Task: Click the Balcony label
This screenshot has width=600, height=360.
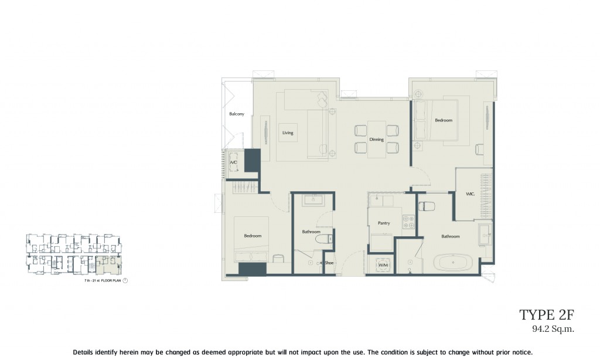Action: click(x=236, y=114)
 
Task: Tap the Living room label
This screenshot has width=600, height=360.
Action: click(x=287, y=133)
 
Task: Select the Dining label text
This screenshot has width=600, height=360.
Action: click(x=376, y=140)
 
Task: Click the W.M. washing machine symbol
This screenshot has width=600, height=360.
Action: click(x=383, y=265)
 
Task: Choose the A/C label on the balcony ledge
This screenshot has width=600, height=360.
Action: click(x=233, y=162)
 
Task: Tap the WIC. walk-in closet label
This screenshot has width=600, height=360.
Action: click(x=470, y=194)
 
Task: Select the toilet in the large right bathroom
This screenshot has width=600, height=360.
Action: click(x=427, y=206)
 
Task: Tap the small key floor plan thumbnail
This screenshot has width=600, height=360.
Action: click(x=74, y=254)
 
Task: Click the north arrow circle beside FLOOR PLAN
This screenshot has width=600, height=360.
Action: click(x=125, y=281)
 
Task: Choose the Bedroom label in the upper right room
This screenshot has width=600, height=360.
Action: click(x=443, y=120)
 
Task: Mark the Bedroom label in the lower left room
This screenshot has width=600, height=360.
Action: click(x=253, y=236)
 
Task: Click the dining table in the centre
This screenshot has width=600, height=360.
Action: click(x=376, y=140)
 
